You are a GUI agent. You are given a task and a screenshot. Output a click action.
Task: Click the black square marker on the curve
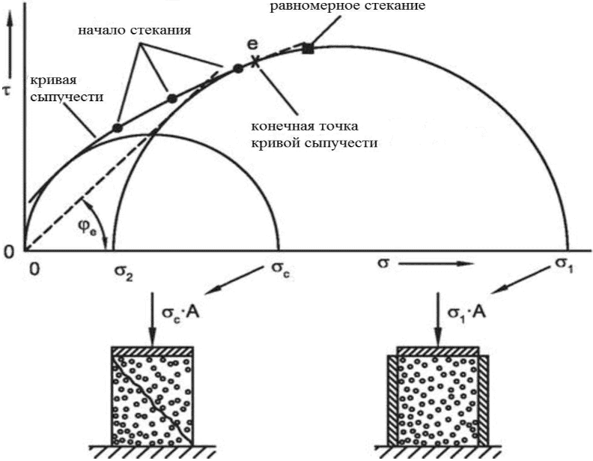(x=308, y=48)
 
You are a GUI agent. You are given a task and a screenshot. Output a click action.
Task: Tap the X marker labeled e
(x=257, y=62)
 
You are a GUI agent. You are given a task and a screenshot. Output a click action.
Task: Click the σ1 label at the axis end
(x=563, y=266)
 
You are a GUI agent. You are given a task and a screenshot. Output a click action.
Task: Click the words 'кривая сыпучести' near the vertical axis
(x=55, y=88)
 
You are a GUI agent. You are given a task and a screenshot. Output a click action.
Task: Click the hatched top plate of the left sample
(x=153, y=351)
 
